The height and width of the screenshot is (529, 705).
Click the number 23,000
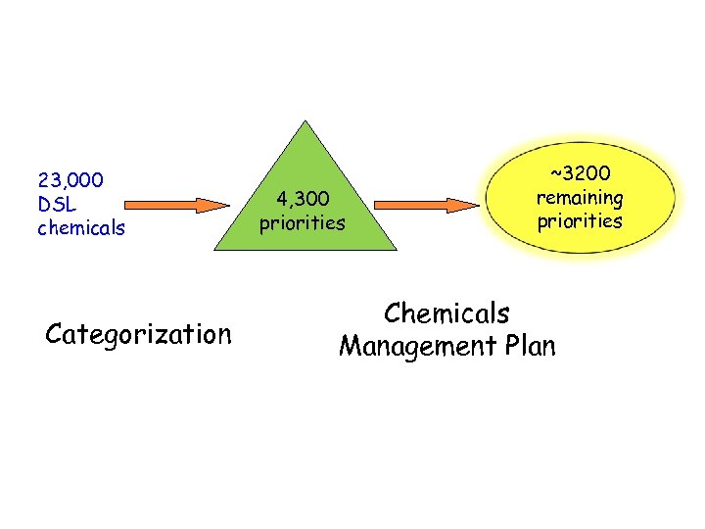tap(71, 180)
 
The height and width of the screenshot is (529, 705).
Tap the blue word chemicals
tap(81, 228)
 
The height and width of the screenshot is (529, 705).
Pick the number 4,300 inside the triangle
tap(302, 199)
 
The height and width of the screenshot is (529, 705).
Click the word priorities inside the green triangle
tap(302, 223)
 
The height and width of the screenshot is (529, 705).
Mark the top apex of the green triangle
tap(307, 121)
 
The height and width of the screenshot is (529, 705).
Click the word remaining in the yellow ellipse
tap(579, 197)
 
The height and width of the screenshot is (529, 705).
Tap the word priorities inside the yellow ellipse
tap(579, 220)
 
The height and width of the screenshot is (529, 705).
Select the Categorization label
tap(138, 335)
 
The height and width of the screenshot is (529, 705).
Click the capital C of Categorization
tap(55, 335)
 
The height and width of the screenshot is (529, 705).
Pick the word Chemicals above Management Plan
tap(446, 313)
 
